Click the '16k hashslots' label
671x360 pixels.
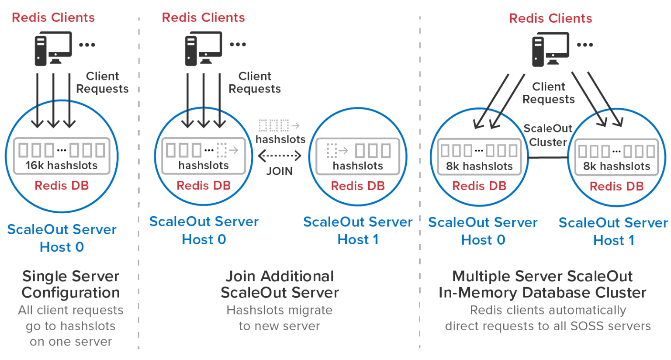tap(62, 165)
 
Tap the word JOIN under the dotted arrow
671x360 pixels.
tap(280, 171)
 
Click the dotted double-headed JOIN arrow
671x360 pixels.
tap(280, 156)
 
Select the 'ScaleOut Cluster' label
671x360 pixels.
tap(548, 135)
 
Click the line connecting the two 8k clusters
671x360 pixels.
tap(548, 158)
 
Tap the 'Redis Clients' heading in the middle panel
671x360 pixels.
tap(203, 17)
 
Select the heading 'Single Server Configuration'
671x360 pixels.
tap(70, 284)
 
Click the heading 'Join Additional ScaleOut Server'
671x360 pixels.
tap(280, 284)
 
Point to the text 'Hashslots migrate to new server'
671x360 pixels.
tap(280, 318)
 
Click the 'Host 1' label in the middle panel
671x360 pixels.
tap(358, 239)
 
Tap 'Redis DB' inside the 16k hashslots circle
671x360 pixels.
tap(62, 186)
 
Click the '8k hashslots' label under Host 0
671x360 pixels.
tap(479, 166)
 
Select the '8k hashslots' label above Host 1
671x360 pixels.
tap(616, 166)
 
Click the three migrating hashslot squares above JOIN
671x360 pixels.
tap(274, 126)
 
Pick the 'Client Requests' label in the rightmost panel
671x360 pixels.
tap(549, 93)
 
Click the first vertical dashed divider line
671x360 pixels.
tap(138, 183)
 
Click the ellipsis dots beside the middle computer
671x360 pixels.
tap(238, 44)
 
